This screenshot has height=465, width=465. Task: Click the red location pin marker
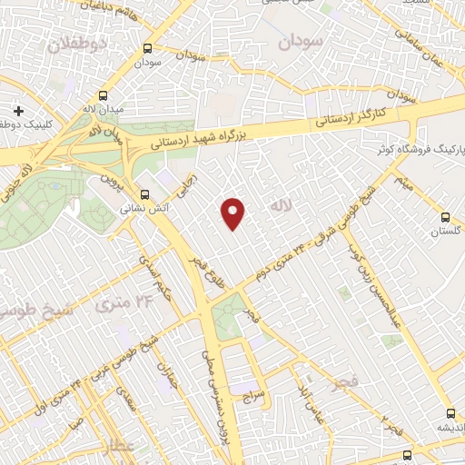234,213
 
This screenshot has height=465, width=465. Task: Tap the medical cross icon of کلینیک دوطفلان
18,111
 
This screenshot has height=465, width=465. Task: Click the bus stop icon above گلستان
445,217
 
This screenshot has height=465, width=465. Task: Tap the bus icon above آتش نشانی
145,193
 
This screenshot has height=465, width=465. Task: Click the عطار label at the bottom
119,447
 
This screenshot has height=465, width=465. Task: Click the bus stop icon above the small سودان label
147,49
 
